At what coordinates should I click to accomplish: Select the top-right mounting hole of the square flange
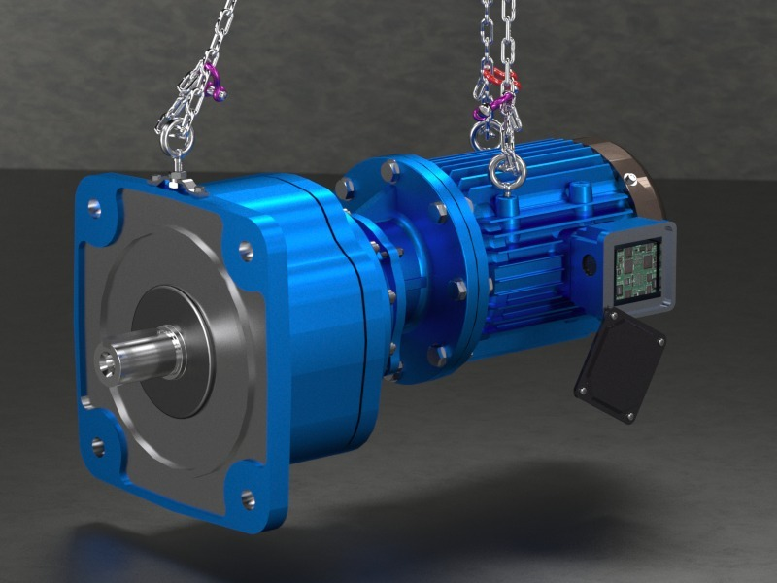click(x=246, y=252)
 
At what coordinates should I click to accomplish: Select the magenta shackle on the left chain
click(x=212, y=82)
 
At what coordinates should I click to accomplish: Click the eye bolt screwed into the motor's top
click(x=507, y=170)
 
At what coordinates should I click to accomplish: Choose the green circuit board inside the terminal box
click(x=637, y=271)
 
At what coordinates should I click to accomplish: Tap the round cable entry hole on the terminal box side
click(x=590, y=263)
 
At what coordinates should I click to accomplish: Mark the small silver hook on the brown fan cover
click(x=632, y=179)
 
